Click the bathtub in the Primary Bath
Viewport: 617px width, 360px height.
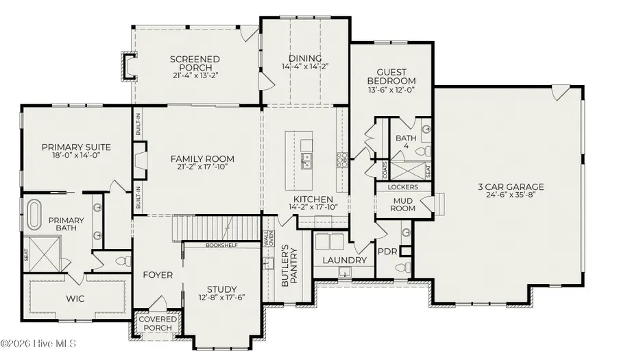click(x=34, y=215)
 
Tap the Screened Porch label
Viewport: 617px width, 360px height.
click(x=195, y=64)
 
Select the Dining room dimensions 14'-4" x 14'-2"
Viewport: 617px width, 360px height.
click(x=305, y=67)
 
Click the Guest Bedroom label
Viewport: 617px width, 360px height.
click(x=391, y=76)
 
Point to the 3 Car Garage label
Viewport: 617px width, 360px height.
click(x=511, y=187)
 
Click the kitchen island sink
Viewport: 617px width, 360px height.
click(x=305, y=161)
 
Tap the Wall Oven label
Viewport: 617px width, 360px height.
click(x=269, y=239)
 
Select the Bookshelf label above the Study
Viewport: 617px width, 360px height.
click(x=222, y=245)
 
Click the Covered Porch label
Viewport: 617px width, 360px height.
click(x=158, y=324)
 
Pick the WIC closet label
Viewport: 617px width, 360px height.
click(x=75, y=298)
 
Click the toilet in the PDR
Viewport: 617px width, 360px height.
click(x=403, y=267)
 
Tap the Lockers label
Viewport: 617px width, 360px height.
click(x=403, y=187)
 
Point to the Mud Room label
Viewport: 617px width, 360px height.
click(x=403, y=204)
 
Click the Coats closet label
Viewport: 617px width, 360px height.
click(x=385, y=169)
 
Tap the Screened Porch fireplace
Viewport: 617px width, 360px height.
click(x=128, y=66)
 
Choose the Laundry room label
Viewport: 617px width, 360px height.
click(x=345, y=260)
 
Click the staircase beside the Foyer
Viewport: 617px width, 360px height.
click(x=217, y=228)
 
